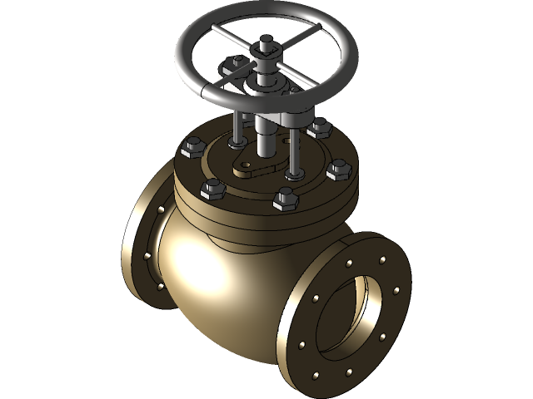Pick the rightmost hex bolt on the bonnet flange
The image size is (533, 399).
336,170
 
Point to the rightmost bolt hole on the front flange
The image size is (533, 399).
396,291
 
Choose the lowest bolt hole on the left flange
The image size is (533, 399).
161,288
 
